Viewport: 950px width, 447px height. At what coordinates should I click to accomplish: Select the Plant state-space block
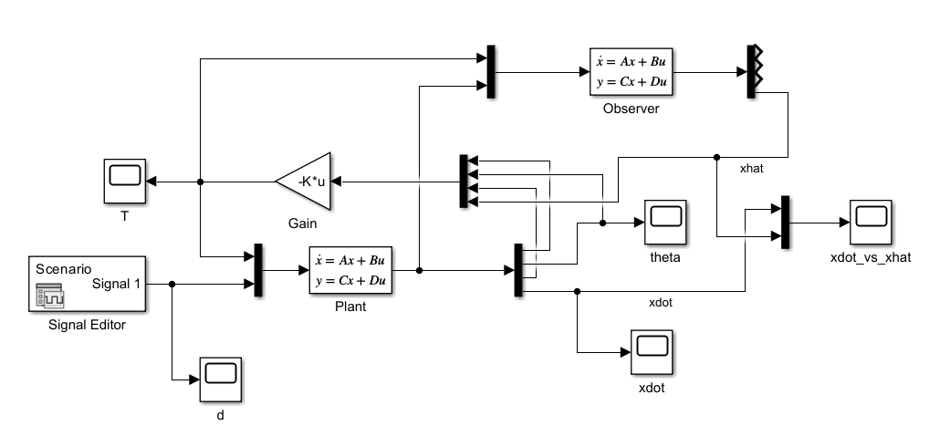point(350,271)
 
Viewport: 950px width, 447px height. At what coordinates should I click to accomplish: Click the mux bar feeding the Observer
point(491,71)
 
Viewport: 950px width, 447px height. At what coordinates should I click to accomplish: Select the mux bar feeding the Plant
point(257,271)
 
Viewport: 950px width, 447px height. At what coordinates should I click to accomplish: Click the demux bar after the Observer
point(753,71)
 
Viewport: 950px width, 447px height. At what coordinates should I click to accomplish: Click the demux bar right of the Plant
point(518,271)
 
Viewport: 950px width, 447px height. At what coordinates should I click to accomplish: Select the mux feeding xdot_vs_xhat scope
point(784,222)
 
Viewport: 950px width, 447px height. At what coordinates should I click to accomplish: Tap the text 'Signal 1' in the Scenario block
point(117,284)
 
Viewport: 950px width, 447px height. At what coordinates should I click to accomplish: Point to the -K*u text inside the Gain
point(310,182)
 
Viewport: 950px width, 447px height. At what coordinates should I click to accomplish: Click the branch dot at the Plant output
point(419,271)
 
